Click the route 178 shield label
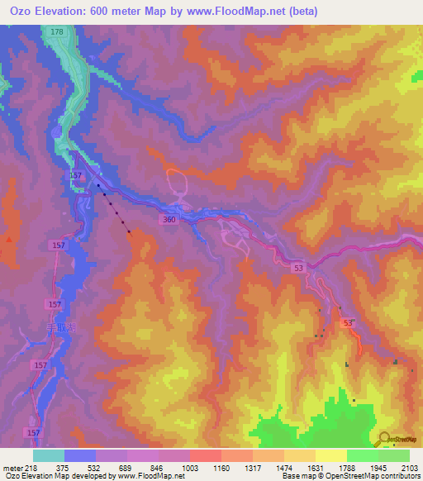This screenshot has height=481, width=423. pyautogui.click(x=56, y=31)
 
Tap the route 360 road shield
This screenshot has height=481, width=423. pyautogui.click(x=169, y=219)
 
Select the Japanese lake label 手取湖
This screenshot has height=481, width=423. pyautogui.click(x=60, y=327)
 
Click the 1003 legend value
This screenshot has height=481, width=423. pyautogui.click(x=189, y=468)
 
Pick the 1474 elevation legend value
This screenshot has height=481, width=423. pyautogui.click(x=283, y=468)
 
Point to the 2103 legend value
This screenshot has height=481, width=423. pyautogui.click(x=409, y=468)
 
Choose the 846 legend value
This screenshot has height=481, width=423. pyautogui.click(x=158, y=468)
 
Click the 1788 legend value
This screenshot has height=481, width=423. pyautogui.click(x=346, y=468)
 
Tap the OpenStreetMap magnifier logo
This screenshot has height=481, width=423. pyautogui.click(x=385, y=439)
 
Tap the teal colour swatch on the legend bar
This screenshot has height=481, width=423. pyautogui.click(x=48, y=455)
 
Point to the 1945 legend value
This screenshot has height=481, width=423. pyautogui.click(x=378, y=468)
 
